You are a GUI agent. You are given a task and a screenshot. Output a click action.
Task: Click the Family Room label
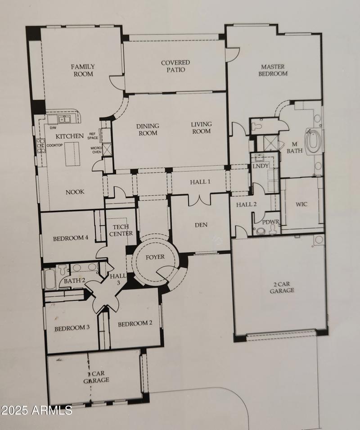[x=83, y=70]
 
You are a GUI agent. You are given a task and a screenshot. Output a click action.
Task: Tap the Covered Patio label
[x=175, y=66]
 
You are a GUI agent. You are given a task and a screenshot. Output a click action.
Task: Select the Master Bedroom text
[x=273, y=70]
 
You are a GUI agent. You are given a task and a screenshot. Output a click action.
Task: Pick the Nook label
[x=75, y=192]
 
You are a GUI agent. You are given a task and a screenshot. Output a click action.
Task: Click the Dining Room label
[x=148, y=130]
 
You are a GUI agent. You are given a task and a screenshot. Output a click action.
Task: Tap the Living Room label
[x=201, y=128]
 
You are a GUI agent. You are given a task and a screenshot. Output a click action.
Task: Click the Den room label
[x=201, y=225]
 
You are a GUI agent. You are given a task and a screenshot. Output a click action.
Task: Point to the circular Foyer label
[x=155, y=257]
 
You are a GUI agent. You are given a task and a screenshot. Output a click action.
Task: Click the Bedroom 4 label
[x=70, y=238]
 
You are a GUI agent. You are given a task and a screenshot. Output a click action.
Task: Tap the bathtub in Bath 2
[x=49, y=278]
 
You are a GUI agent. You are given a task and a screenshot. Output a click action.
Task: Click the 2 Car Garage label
[x=282, y=287]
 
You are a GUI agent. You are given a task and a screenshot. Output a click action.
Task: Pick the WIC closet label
[x=301, y=204]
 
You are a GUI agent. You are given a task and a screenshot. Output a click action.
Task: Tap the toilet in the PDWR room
[x=261, y=231]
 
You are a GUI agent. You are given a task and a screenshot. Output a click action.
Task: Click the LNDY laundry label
[x=261, y=166]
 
